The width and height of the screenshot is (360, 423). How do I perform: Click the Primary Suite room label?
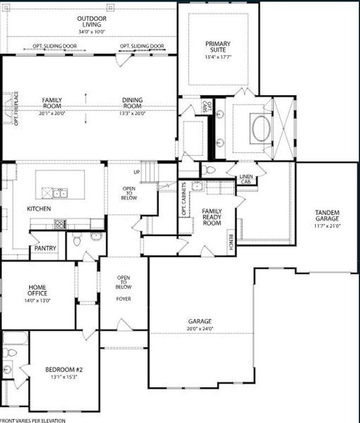click(218, 46)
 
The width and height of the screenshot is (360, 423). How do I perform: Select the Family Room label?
click(52, 103)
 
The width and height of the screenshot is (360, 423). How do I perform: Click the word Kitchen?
click(39, 209)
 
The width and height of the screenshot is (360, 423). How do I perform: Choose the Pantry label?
click(45, 248)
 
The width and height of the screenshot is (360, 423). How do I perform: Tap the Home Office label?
click(37, 290)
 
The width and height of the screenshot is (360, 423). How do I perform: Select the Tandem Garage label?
click(327, 216)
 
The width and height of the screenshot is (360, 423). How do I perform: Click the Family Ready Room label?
click(212, 217)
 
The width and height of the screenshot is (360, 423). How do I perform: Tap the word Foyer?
click(123, 299)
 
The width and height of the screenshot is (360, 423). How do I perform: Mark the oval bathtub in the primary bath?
click(260, 128)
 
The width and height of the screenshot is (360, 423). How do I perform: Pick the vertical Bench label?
click(230, 242)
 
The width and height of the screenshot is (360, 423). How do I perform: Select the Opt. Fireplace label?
click(16, 109)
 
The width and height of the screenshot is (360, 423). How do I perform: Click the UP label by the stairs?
click(137, 172)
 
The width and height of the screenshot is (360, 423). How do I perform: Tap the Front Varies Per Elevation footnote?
click(33, 420)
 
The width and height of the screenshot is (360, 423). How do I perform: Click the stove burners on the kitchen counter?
click(60, 224)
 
